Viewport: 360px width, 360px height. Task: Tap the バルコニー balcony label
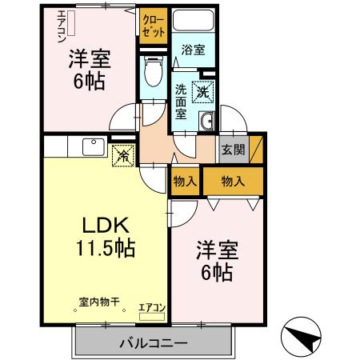tap(154, 343)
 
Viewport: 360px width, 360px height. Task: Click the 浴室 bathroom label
tap(193, 50)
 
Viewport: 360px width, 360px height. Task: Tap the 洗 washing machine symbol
tap(203, 91)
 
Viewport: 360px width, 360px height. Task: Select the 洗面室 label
tap(182, 101)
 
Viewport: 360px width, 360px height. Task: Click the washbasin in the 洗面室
tap(206, 121)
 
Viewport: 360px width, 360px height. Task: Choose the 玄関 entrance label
tap(233, 150)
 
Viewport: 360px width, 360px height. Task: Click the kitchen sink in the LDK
tap(90, 148)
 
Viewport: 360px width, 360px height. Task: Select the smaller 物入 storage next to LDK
tap(185, 182)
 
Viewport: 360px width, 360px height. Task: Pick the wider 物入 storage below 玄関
tap(232, 182)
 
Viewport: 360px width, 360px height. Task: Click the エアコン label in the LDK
tap(152, 307)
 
